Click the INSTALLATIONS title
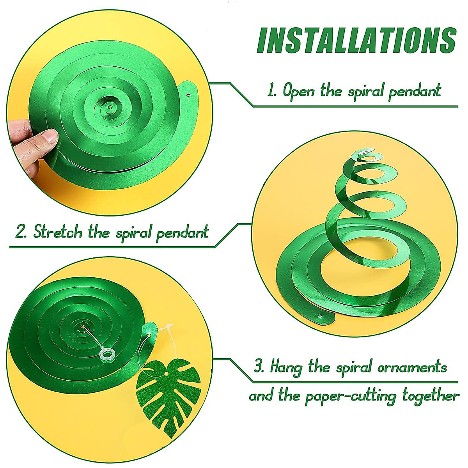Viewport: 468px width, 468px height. pyautogui.click(x=356, y=41)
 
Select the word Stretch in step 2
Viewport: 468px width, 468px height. pyautogui.click(x=58, y=232)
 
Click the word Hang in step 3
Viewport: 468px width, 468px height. pyautogui.click(x=287, y=367)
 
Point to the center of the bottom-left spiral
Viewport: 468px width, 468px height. pyautogui.click(x=83, y=328)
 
